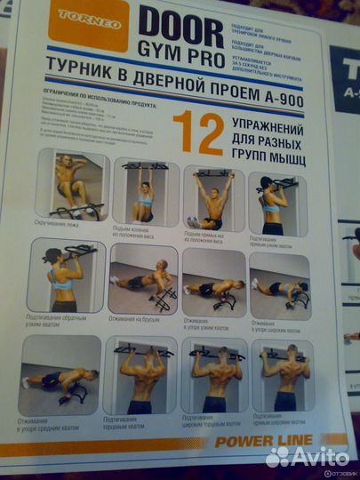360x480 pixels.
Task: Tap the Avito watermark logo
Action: [x=308, y=457]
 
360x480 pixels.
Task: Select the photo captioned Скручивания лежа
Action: [x=79, y=188]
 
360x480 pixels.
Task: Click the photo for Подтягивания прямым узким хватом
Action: [x=276, y=203]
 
